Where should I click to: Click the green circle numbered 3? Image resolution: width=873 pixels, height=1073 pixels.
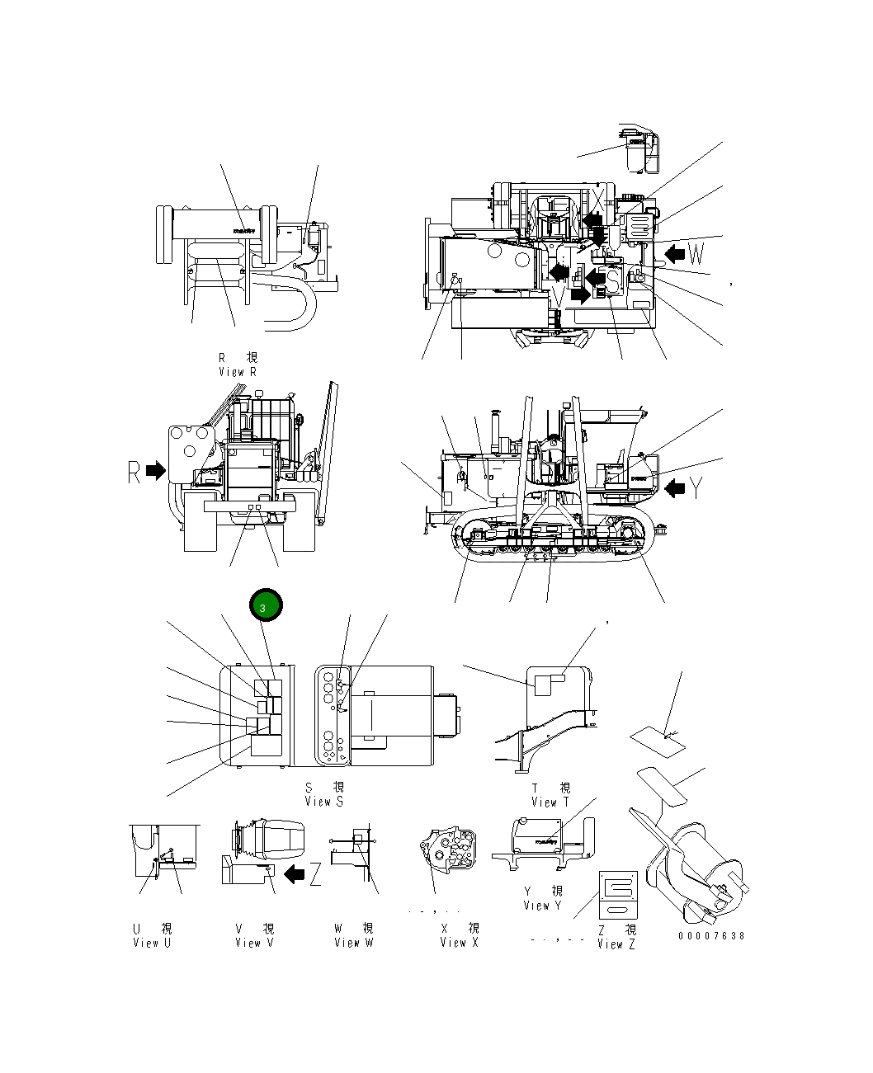click(x=265, y=607)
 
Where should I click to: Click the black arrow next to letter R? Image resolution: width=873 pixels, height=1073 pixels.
click(x=155, y=470)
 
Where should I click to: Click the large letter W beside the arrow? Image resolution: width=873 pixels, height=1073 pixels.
click(x=696, y=253)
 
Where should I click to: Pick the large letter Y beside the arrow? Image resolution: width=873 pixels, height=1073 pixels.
click(x=697, y=488)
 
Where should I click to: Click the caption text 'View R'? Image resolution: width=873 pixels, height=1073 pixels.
click(x=238, y=372)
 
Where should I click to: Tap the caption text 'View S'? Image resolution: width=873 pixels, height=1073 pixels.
click(x=323, y=801)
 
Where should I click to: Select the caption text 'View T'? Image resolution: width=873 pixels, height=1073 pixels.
click(x=550, y=802)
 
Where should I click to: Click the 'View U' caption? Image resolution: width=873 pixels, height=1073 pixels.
click(x=151, y=943)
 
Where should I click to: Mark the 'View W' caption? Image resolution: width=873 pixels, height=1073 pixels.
click(x=353, y=943)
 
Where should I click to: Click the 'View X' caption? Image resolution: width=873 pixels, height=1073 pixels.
click(x=458, y=943)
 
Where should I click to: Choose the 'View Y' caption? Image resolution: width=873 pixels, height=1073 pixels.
click(x=542, y=906)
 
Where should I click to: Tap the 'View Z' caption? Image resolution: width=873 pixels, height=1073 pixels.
click(x=616, y=944)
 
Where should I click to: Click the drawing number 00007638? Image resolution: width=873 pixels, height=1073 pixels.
click(x=711, y=936)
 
